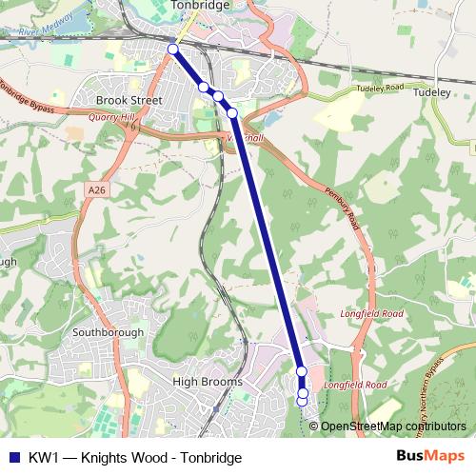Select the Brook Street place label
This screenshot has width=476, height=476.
point(129,98)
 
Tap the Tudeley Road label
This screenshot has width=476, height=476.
point(383,88)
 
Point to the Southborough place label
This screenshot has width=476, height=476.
point(109,332)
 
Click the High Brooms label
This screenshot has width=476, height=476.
point(208,382)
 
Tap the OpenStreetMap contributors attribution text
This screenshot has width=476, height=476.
point(393,426)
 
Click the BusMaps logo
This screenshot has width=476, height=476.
point(430,456)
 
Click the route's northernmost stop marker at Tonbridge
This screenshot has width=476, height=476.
point(172,49)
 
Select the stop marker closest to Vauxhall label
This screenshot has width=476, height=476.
point(232,113)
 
